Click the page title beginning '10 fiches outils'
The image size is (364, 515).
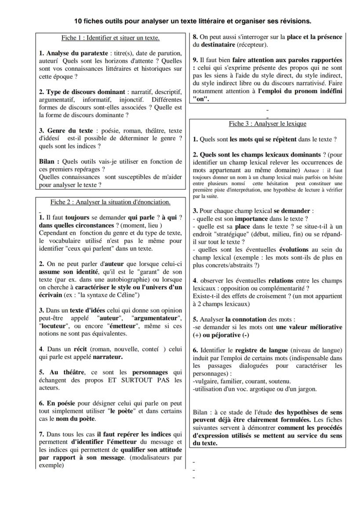[x=193, y=21]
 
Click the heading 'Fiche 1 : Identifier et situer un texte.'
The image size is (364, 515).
[x=110, y=38]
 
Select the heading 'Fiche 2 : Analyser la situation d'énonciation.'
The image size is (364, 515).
[x=110, y=202]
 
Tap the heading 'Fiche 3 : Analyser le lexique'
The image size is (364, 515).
[x=267, y=124]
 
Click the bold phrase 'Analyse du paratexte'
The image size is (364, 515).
[x=76, y=54]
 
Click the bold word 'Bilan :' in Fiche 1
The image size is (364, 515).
[x=49, y=161]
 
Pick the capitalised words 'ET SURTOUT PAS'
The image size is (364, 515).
[x=139, y=380]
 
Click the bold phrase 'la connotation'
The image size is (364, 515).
[x=246, y=319]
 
